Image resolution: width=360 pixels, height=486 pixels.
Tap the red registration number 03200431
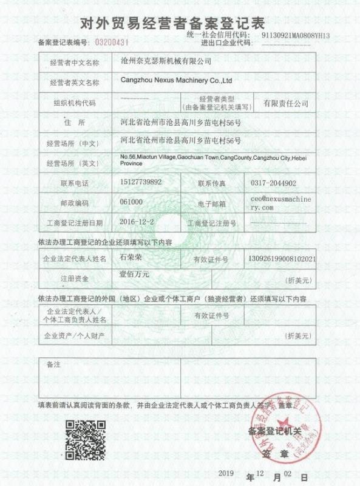click(112, 43)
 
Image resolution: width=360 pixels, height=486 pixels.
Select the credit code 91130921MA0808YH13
click(295, 36)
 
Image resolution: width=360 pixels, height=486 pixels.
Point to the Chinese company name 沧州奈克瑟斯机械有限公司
click(166, 62)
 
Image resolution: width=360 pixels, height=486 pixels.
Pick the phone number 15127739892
click(141, 182)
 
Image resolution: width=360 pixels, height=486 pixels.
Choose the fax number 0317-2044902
click(273, 182)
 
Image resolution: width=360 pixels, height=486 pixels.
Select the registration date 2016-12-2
click(138, 222)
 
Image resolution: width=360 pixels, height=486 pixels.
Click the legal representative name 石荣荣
click(131, 258)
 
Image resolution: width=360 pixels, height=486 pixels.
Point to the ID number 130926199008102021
click(282, 258)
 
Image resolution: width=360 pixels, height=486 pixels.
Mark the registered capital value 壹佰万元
click(134, 275)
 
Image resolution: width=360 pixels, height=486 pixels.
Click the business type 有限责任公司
click(285, 104)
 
